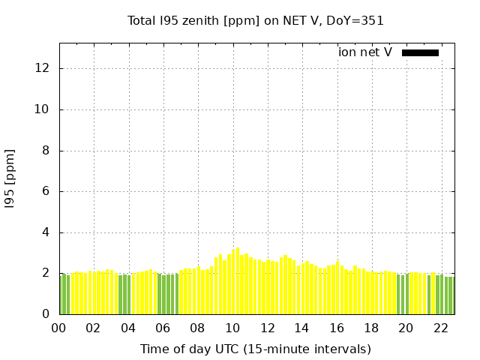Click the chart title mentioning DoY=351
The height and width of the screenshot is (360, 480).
coord(256,21)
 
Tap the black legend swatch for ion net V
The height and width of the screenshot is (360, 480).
coord(420,52)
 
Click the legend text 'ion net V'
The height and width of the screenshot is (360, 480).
coord(365,52)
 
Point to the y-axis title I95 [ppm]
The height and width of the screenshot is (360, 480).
coord(10,178)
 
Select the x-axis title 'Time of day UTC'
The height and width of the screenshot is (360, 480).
coord(256,349)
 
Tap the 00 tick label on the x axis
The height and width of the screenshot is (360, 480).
coord(58,328)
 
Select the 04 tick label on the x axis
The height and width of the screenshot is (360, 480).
coord(128,328)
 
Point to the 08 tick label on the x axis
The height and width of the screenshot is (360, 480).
coord(197,328)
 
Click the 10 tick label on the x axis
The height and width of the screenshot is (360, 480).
coord(232,328)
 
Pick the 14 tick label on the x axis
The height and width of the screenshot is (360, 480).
coord(301,328)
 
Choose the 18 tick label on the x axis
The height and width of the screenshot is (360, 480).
coord(371,328)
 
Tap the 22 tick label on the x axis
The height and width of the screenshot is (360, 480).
coord(440,328)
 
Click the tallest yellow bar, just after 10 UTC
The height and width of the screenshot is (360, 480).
coord(238,281)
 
